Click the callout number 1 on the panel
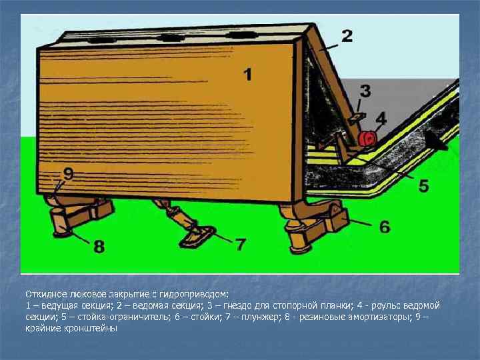(x=247, y=75)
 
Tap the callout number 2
(x=347, y=36)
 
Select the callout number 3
(x=365, y=91)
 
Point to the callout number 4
(x=381, y=118)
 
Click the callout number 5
(x=423, y=185)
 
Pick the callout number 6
(x=385, y=227)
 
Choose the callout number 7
(x=240, y=244)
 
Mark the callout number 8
(x=99, y=247)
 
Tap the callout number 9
(x=69, y=174)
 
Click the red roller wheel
(x=367, y=139)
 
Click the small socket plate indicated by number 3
(x=357, y=119)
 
